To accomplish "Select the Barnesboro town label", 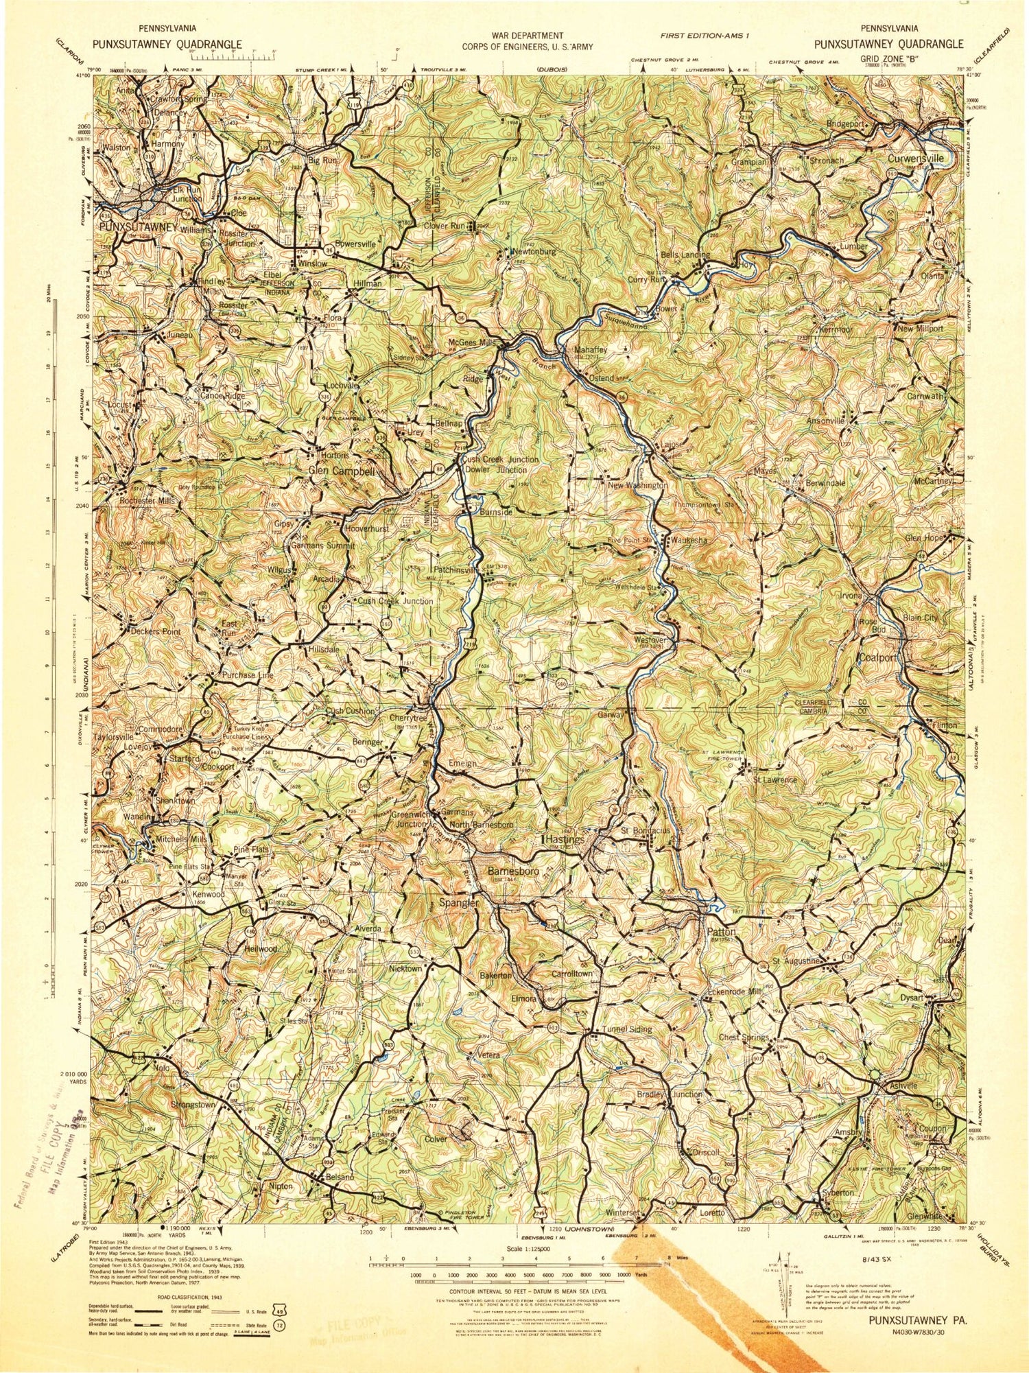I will point(512,871).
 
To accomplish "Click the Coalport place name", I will point(877,657).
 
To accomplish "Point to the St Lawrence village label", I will point(774,779).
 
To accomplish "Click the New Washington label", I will point(637,485).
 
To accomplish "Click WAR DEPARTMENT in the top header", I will point(527,35).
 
